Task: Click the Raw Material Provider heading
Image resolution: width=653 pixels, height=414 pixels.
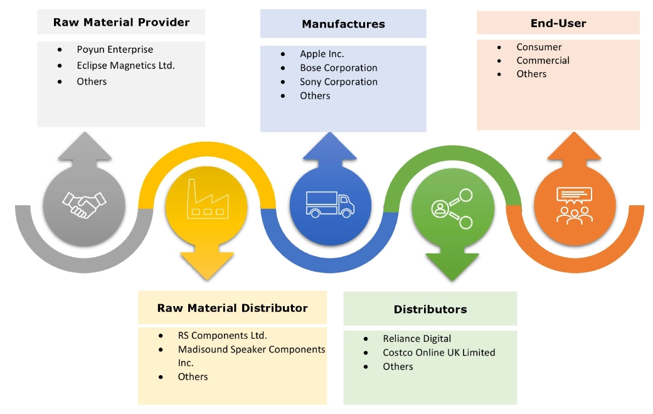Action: click(x=121, y=23)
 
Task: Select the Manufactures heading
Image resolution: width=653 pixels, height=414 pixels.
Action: click(x=343, y=24)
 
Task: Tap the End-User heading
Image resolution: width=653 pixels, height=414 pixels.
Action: click(x=558, y=23)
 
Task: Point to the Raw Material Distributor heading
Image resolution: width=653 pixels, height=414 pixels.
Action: click(x=232, y=308)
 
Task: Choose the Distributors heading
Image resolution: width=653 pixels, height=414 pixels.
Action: click(x=430, y=309)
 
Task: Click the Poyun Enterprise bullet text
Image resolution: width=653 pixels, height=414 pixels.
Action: click(x=115, y=50)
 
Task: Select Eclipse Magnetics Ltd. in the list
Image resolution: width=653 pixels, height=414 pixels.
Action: click(x=125, y=65)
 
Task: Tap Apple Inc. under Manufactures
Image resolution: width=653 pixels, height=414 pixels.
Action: click(x=322, y=54)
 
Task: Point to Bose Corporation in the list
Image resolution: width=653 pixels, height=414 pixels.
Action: click(x=338, y=68)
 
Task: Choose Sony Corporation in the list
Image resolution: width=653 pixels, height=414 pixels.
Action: click(x=339, y=82)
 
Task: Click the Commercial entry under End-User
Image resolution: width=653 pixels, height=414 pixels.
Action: click(x=543, y=60)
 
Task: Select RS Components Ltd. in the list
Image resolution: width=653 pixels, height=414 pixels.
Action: click(x=222, y=335)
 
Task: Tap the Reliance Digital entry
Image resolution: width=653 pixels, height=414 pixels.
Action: click(x=417, y=339)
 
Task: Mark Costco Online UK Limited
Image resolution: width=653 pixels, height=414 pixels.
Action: click(x=438, y=353)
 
